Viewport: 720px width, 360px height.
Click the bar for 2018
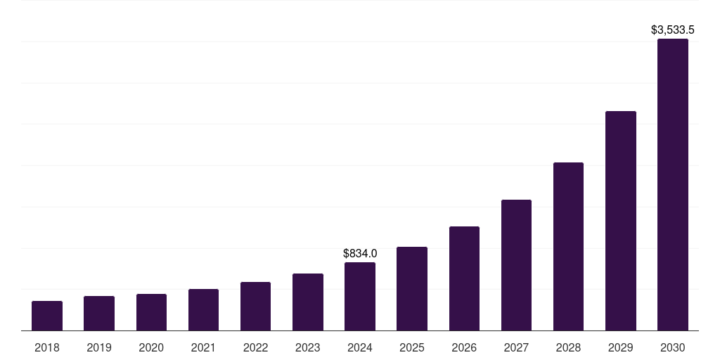coord(47,316)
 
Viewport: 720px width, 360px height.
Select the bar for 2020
coord(151,312)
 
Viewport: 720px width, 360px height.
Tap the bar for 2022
coord(255,306)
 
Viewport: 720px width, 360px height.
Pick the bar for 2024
coord(360,296)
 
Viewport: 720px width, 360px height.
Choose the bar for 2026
coord(464,278)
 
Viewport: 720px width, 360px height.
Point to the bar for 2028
coord(568,246)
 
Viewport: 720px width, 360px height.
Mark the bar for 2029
coord(621,221)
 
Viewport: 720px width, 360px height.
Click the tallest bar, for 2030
coord(673,184)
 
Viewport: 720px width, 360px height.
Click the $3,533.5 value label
coord(673,30)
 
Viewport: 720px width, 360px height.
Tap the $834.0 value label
coord(360,253)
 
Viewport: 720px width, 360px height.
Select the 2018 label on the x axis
coord(47,347)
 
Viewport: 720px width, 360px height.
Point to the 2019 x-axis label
coord(99,347)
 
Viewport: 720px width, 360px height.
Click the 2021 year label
coord(203,347)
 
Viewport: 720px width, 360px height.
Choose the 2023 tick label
coord(308,347)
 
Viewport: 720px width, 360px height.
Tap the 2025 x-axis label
coord(412,347)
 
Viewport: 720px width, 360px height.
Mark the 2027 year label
coord(516,347)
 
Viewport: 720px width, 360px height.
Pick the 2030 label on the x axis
coord(673,347)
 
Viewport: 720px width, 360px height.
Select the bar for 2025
coord(412,288)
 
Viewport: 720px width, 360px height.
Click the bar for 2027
coord(516,265)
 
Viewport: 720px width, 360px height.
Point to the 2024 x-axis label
coord(360,347)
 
